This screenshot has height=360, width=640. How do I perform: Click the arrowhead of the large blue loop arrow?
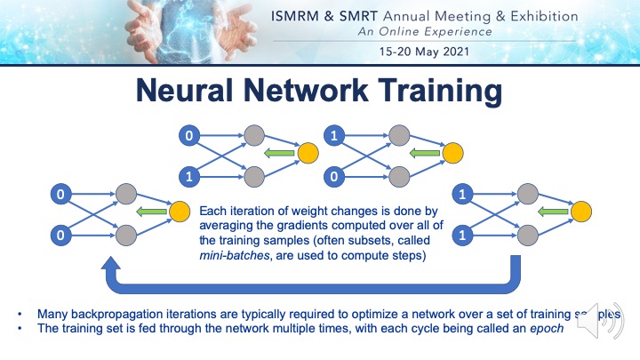point(110,266)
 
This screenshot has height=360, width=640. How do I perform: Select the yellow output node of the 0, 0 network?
point(180,212)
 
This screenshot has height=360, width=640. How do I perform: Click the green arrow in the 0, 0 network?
point(148,212)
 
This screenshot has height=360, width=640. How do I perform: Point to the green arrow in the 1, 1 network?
point(551,211)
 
